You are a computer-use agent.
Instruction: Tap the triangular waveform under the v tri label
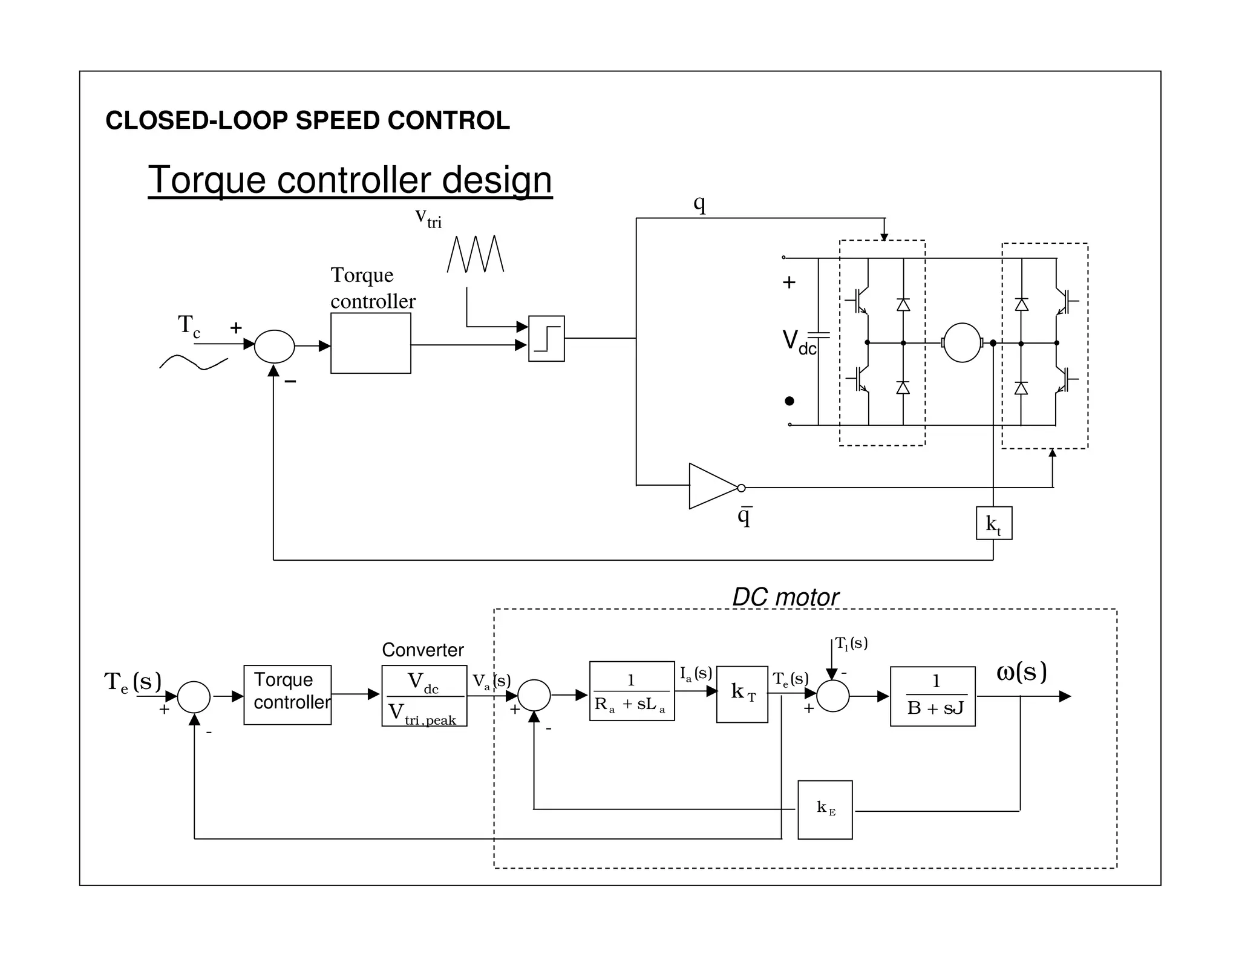click(475, 254)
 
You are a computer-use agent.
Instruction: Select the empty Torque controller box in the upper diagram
click(370, 343)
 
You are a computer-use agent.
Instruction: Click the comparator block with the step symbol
click(546, 338)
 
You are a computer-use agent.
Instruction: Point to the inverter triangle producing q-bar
click(713, 486)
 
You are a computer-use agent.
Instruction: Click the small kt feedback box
click(993, 523)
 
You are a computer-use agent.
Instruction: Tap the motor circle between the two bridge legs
click(962, 343)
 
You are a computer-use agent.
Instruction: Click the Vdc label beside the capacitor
click(799, 342)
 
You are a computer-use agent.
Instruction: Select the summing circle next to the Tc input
click(274, 346)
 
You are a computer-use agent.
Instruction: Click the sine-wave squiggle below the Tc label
click(194, 362)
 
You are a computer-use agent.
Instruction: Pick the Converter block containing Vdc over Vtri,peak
click(424, 696)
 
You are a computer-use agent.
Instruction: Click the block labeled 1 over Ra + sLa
click(632, 691)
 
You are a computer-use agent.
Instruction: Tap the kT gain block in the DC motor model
click(742, 694)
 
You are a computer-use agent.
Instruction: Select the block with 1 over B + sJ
click(932, 696)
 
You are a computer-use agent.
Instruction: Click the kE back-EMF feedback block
click(825, 809)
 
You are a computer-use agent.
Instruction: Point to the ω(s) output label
click(1021, 672)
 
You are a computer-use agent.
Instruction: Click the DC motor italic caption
click(785, 597)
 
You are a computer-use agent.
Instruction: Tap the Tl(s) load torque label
click(851, 643)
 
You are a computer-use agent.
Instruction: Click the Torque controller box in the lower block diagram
click(287, 694)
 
